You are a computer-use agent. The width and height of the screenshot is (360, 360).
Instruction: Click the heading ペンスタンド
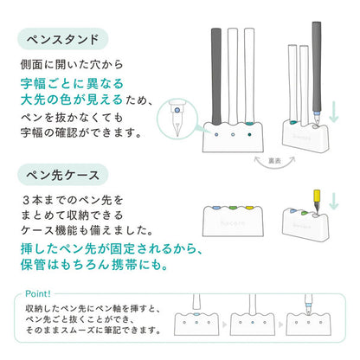pyautogui.click(x=63, y=39)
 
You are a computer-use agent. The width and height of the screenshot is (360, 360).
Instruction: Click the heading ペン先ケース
pyautogui.click(x=63, y=175)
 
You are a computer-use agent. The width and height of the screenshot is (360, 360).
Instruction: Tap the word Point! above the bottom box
pyautogui.click(x=38, y=294)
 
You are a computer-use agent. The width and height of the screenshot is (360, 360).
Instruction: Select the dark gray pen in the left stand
pyautogui.click(x=216, y=76)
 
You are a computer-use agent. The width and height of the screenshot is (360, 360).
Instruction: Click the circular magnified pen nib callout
pyautogui.click(x=177, y=119)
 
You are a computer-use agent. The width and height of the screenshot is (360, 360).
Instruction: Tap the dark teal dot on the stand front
pyautogui.click(x=249, y=134)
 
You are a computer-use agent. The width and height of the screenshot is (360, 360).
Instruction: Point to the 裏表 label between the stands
pyautogui.click(x=274, y=161)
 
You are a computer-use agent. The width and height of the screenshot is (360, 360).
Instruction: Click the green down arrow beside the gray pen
pyautogui.click(x=334, y=112)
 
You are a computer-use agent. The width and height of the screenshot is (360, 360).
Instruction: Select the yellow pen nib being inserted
pyautogui.click(x=317, y=202)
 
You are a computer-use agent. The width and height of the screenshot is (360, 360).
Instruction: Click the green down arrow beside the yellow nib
pyautogui.click(x=334, y=201)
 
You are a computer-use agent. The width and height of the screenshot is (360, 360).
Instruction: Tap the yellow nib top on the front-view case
pyautogui.click(x=249, y=208)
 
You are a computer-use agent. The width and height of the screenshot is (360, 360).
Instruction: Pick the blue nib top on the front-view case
pyautogui.click(x=216, y=208)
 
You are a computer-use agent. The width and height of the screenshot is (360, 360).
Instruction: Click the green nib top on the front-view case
pyautogui.click(x=233, y=208)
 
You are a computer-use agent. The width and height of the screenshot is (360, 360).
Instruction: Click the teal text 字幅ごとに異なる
pyautogui.click(x=72, y=84)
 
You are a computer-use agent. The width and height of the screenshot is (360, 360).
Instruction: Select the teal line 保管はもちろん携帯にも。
pyautogui.click(x=94, y=265)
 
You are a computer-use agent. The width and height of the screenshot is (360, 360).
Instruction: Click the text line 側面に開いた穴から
pyautogui.click(x=72, y=64)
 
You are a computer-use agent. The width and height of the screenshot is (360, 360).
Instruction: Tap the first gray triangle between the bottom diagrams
pyautogui.click(x=225, y=325)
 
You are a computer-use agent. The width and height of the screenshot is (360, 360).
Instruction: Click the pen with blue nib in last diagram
pyautogui.click(x=308, y=305)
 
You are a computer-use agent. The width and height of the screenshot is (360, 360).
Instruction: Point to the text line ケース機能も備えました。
pyautogui.click(x=87, y=230)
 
